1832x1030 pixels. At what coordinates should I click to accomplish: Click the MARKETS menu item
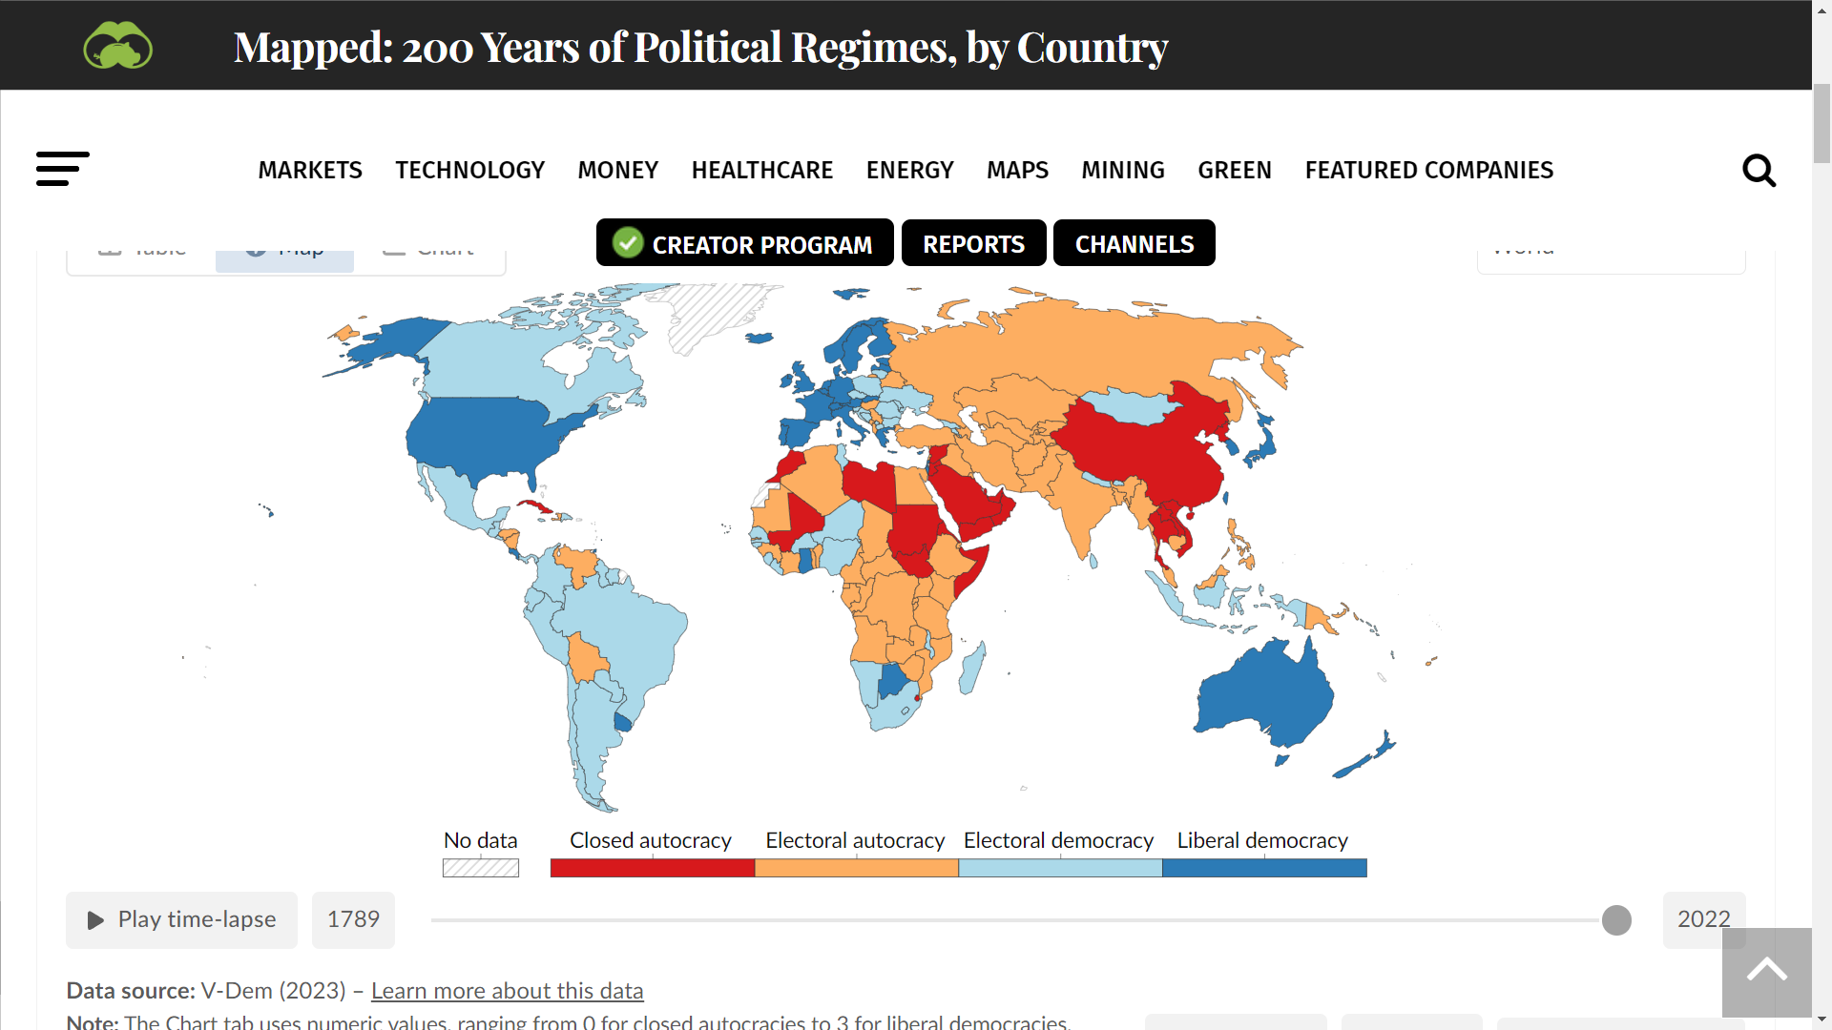pos(310,170)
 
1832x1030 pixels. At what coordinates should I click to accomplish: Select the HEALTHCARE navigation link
pos(761,170)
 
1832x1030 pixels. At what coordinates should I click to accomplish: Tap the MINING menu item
pos(1122,170)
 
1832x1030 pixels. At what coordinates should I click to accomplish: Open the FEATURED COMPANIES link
pos(1428,170)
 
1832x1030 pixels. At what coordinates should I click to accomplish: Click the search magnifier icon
pos(1759,171)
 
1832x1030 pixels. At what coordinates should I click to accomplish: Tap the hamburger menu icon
pos(63,169)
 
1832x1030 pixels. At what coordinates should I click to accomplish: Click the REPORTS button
pos(973,244)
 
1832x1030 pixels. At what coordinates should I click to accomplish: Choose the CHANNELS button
pos(1134,244)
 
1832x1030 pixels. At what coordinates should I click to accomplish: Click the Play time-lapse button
pos(181,919)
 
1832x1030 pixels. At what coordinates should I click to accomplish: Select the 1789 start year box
pos(353,919)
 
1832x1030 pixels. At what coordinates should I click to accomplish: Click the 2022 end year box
pos(1703,919)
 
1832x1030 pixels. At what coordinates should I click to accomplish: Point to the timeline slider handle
pos(1616,920)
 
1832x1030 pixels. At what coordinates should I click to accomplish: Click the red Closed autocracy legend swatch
pos(652,868)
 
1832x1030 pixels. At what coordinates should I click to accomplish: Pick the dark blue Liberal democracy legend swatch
pos(1264,868)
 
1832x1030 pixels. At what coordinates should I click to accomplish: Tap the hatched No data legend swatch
pos(481,868)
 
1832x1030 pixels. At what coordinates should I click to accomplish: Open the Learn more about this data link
pos(507,991)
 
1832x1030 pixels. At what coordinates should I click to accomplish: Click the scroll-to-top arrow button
pos(1766,972)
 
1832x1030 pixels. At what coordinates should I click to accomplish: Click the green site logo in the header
pos(118,46)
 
